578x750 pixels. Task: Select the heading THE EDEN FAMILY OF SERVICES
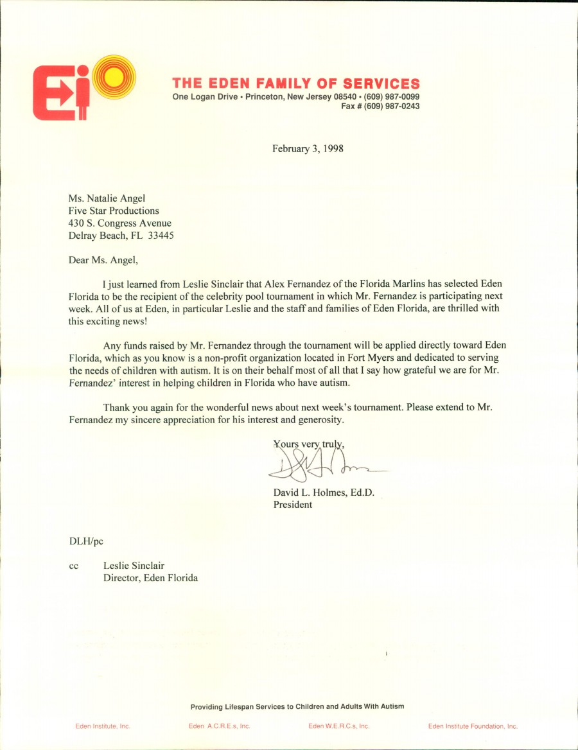tap(296, 83)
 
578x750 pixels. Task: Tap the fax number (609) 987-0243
tap(392, 107)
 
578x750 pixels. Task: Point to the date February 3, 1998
tap(308, 148)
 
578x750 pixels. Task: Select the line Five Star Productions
tap(114, 211)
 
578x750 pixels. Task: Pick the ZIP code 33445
tap(161, 235)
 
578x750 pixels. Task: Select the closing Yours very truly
tap(313, 444)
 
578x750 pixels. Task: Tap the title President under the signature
tap(293, 505)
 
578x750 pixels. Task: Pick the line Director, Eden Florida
tap(150, 578)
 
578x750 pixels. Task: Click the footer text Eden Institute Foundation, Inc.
tap(473, 726)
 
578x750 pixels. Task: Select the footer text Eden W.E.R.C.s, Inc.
tap(338, 726)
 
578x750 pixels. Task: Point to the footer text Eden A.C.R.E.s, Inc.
tap(219, 726)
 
